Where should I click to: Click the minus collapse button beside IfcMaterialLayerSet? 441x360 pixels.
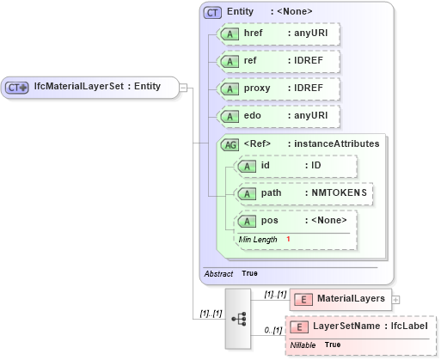(x=183, y=87)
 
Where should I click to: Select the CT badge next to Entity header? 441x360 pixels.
(x=211, y=12)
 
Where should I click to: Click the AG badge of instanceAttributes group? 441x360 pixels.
(x=230, y=144)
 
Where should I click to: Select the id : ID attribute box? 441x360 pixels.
(x=296, y=166)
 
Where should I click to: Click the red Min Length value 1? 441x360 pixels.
(x=288, y=238)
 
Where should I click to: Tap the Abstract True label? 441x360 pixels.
(x=230, y=273)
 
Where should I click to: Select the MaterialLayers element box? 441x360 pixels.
(x=340, y=299)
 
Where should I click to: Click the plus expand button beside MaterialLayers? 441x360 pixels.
(x=395, y=299)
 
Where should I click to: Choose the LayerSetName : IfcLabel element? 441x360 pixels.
(x=361, y=327)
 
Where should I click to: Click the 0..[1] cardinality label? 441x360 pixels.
(x=273, y=330)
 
